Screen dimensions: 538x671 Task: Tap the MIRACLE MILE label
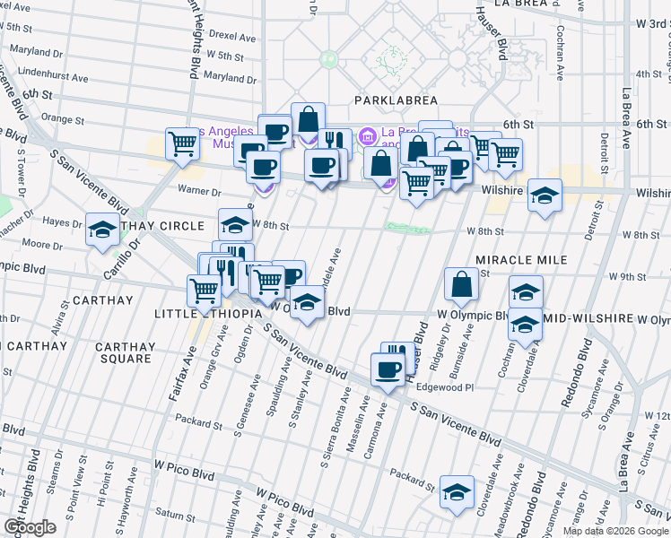point(522,259)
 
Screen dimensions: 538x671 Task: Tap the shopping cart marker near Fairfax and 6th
point(183,143)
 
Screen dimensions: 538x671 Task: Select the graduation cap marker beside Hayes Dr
point(102,230)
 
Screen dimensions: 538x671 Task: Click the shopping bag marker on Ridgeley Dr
point(460,284)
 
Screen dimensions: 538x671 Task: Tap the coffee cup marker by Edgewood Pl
point(388,369)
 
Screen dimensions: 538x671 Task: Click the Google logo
point(30,526)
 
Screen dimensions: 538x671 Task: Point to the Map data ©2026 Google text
point(614,531)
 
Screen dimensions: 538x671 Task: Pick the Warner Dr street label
point(199,190)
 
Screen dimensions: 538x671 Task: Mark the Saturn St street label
point(175,516)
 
